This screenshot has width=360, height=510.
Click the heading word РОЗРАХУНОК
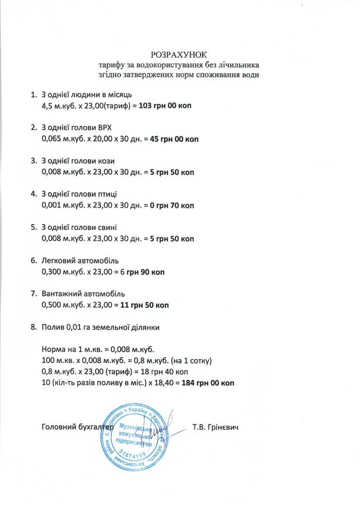tap(179, 55)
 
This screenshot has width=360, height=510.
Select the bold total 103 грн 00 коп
tap(165, 106)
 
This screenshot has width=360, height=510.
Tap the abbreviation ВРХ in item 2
tap(103, 128)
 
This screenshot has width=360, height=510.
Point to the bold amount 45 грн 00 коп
tap(174, 139)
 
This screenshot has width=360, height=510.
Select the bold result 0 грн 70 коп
tap(172, 206)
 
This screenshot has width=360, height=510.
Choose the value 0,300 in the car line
tap(51, 272)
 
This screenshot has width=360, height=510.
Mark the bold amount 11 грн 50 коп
tap(144, 305)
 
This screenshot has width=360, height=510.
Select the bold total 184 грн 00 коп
tap(208, 383)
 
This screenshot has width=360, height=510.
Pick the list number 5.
tap(33, 227)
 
